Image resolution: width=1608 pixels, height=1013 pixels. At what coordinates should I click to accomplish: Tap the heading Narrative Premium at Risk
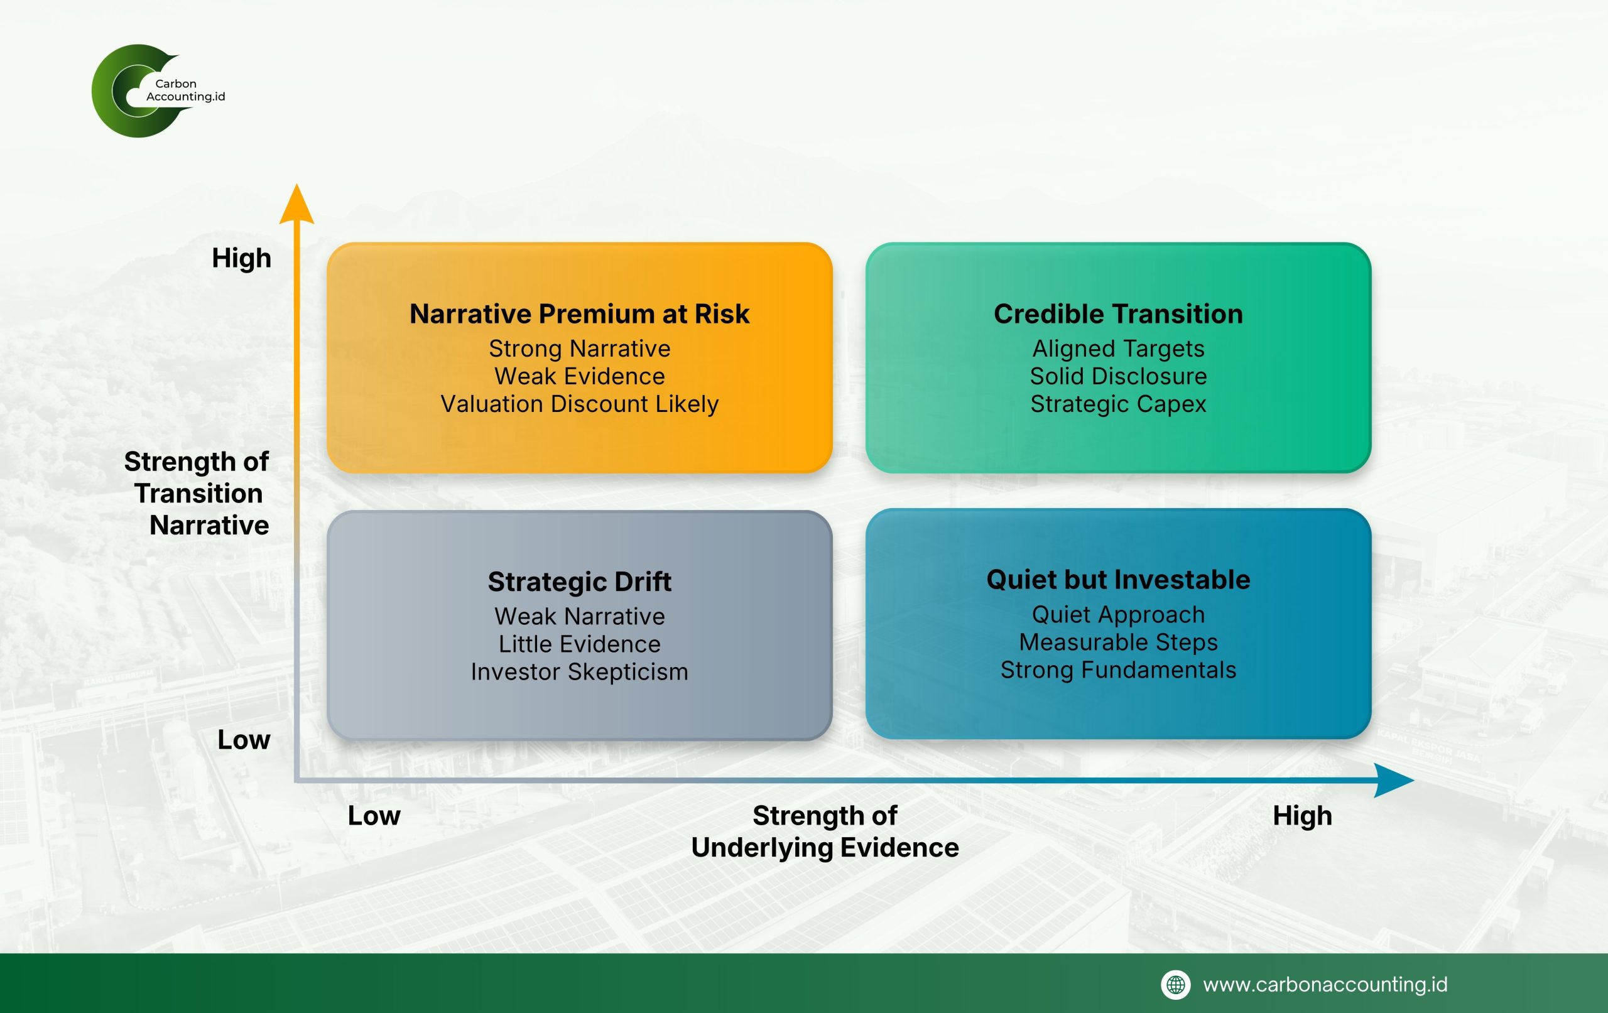pos(579,314)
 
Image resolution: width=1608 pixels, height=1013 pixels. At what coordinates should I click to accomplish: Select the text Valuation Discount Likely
pos(579,404)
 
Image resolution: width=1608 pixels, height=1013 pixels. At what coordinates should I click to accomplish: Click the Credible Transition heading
pos(1118,314)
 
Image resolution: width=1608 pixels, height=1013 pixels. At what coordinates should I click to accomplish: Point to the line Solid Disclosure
pos(1118,376)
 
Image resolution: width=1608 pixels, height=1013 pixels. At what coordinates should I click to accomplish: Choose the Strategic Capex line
pos(1118,404)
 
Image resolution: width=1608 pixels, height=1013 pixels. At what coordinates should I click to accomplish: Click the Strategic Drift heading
pos(579,582)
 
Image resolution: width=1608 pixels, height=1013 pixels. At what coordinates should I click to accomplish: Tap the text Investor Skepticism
pos(579,672)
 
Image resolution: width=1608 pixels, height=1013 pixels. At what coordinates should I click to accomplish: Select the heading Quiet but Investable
pos(1118,580)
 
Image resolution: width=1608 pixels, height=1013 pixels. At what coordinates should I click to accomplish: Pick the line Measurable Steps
pos(1118,642)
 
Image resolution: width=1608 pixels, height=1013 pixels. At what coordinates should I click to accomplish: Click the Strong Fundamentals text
pos(1118,669)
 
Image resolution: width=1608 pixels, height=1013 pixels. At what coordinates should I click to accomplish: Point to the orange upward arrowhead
pos(296,203)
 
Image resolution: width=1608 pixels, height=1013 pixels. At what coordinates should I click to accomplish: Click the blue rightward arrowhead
pos(1394,780)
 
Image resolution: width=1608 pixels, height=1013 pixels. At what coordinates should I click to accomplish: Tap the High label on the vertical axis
pos(241,258)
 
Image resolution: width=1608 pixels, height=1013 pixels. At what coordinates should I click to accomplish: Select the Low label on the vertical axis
pos(244,740)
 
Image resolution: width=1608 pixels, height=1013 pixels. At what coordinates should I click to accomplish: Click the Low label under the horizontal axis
pos(374,816)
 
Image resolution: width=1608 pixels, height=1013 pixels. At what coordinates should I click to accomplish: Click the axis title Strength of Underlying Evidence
pos(825,832)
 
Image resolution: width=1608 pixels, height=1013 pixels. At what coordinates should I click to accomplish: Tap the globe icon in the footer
pos(1176,985)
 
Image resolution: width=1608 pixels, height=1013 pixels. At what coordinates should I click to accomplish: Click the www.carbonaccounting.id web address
pos(1325,985)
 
